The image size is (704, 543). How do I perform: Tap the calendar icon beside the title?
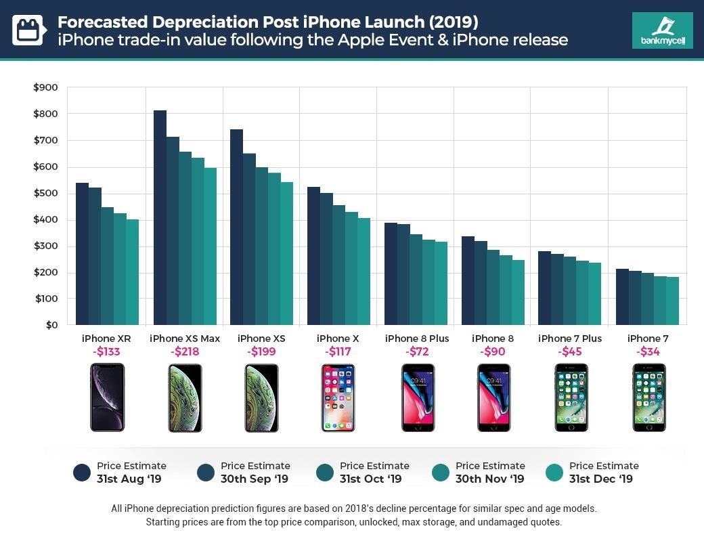[28, 30]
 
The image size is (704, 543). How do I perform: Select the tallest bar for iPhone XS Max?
[160, 217]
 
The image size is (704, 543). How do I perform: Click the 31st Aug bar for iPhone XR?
[82, 254]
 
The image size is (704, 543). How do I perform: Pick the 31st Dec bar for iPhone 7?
[672, 301]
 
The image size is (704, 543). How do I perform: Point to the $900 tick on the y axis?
[45, 87]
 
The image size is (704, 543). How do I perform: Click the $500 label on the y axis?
[45, 193]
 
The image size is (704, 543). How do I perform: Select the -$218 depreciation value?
[184, 352]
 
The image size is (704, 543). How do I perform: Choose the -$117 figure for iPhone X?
[338, 352]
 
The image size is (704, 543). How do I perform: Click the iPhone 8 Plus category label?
[416, 339]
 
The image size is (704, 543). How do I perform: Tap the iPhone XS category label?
[261, 339]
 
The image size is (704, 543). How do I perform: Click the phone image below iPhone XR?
[107, 397]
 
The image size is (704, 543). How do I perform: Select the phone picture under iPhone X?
[338, 397]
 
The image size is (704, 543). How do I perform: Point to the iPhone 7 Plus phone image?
[570, 397]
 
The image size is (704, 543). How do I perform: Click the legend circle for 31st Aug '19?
[83, 473]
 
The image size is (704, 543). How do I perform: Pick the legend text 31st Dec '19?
[600, 479]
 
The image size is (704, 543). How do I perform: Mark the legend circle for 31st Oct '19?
[325, 473]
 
